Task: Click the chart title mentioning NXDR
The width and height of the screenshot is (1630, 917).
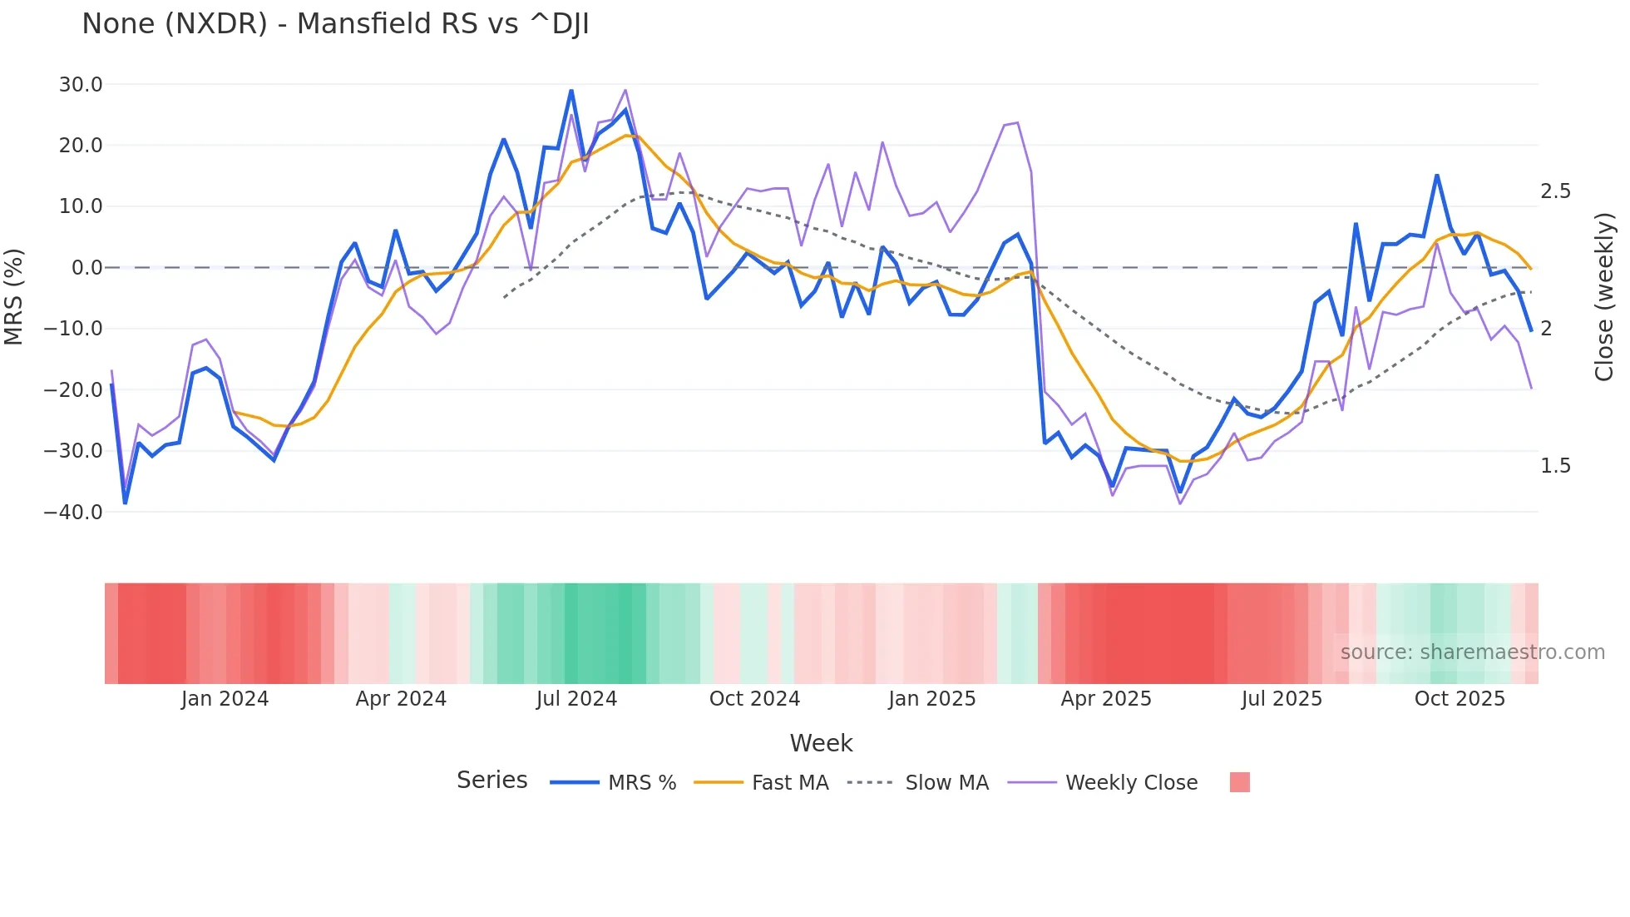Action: pos(335,24)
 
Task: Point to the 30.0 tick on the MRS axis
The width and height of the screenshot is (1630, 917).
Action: pos(81,84)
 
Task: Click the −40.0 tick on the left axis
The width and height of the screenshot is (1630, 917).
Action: pos(73,512)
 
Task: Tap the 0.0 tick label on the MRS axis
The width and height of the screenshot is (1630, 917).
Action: pos(86,268)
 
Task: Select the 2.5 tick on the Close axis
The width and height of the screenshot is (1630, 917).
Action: pos(1555,191)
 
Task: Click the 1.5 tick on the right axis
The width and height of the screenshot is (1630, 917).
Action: pos(1555,466)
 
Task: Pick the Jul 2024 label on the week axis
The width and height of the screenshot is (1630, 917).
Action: pos(576,699)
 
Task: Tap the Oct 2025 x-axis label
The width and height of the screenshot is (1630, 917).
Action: pos(1460,699)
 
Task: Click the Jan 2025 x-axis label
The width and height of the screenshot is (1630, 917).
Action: pos(931,699)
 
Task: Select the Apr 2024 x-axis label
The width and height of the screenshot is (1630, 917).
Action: pos(401,699)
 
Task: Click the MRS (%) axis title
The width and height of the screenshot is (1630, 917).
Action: pos(13,296)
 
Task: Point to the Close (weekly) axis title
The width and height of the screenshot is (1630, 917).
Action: pos(1604,296)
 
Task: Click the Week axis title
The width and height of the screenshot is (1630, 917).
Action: pos(821,743)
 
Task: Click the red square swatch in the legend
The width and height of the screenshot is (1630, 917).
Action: pos(1239,782)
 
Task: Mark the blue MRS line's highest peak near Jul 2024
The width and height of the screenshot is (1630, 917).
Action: pos(571,91)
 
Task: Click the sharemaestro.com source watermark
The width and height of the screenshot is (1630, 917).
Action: pos(1472,652)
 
